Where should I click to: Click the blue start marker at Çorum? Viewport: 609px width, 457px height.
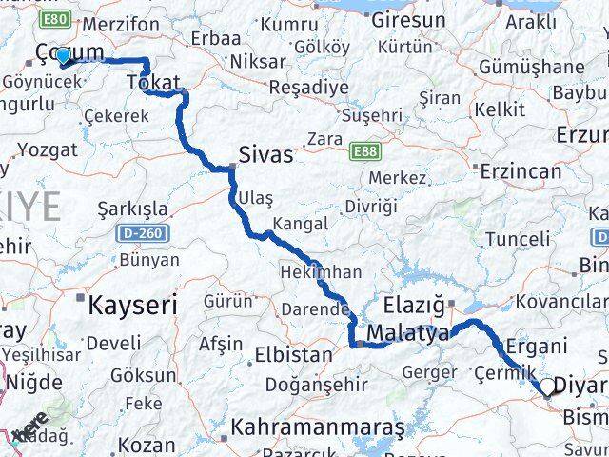(x=63, y=57)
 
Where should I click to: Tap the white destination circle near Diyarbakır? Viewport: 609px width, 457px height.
(x=548, y=387)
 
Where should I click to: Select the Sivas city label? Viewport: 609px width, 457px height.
(x=265, y=155)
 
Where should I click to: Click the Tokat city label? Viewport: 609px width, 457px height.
(x=153, y=84)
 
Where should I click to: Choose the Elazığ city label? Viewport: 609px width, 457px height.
(x=414, y=306)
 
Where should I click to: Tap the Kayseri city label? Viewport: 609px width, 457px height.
(x=133, y=306)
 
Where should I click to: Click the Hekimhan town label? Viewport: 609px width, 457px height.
(x=321, y=272)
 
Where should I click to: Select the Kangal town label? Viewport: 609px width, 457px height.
(x=300, y=224)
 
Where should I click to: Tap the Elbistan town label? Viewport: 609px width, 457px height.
(x=293, y=356)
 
